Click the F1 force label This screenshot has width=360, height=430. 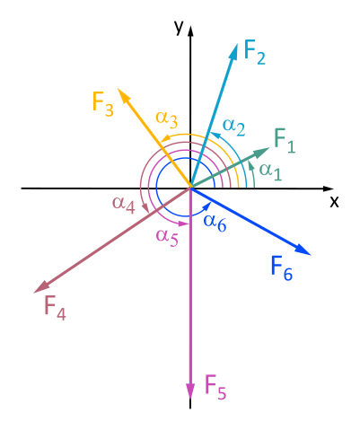pos(285,141)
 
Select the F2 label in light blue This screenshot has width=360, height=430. pos(255,52)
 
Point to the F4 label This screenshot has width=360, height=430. pos(55,308)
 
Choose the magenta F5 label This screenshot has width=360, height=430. pos(215,387)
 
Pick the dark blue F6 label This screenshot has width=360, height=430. pos(282,268)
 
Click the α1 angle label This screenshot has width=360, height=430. pos(270,171)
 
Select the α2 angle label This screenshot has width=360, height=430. pos(234,127)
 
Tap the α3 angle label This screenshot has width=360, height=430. pos(167,119)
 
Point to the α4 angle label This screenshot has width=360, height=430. pos(124,205)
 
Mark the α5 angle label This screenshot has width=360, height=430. pos(167,237)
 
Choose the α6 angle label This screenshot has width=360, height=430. pos(215,223)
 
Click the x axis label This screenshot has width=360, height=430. pos(334,202)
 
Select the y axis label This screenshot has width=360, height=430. pos(179,28)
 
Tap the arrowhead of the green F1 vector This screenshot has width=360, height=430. pos(262,152)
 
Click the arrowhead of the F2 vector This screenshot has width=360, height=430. pos(233,52)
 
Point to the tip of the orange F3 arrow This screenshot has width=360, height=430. pos(119,89)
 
